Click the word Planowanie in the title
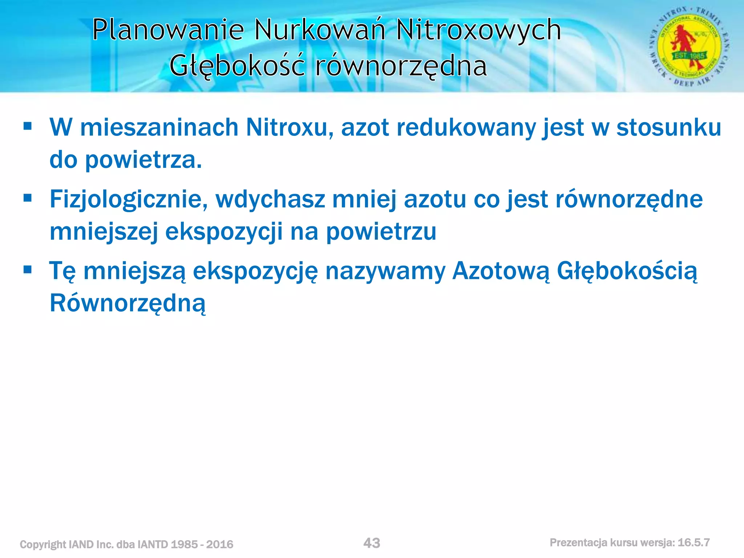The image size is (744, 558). pos(168,30)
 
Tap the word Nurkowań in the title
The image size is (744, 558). pos(319,30)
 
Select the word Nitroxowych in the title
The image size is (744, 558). pos(478,30)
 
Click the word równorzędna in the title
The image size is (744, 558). pos(401,66)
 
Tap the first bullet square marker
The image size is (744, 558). pos(28,126)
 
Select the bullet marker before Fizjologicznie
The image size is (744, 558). pos(28,198)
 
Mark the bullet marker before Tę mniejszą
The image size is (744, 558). pos(28,270)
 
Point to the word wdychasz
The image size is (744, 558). pos(270,200)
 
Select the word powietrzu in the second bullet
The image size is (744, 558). pos(381,232)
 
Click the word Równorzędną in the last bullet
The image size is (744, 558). pos(128,303)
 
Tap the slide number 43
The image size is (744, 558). pos(372,543)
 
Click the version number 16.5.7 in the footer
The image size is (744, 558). pos(694,543)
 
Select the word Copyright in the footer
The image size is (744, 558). pos(43,545)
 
